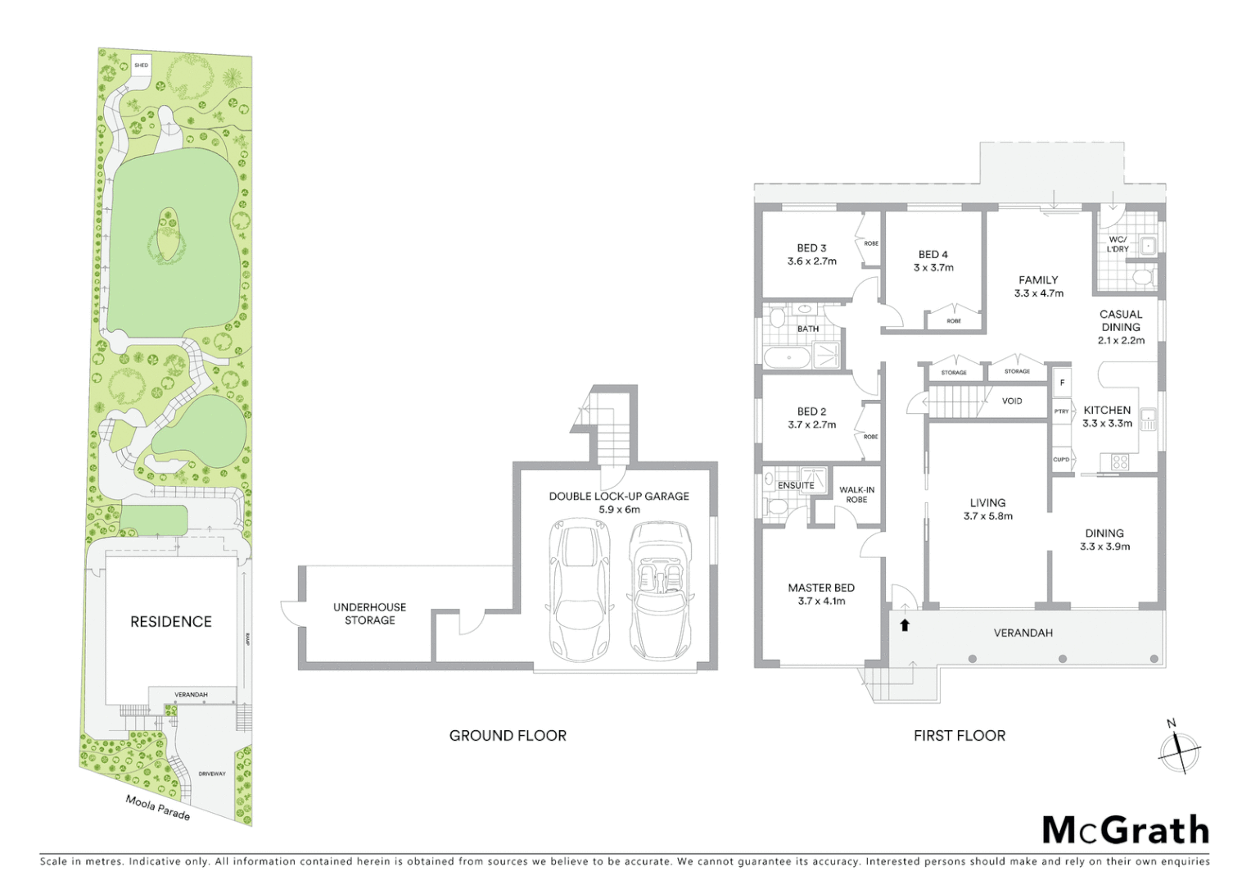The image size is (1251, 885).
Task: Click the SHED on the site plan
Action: point(142,65)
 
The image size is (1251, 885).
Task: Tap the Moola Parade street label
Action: point(158,807)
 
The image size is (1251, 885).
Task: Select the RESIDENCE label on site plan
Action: point(171,622)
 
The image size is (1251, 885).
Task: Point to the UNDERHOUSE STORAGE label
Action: point(369,614)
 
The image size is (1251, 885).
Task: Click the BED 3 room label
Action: point(811,248)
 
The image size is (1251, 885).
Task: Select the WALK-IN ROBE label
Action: point(856,495)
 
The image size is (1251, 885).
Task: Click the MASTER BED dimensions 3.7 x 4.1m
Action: point(821,601)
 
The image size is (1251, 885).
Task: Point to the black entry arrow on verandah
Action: point(905,626)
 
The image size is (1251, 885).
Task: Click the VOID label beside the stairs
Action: point(1012,402)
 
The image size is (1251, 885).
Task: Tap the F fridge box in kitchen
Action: point(1062,383)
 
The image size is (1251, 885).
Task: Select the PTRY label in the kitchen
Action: point(1061,411)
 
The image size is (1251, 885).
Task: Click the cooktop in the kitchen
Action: point(1119,462)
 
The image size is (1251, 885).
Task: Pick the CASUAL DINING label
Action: point(1121,320)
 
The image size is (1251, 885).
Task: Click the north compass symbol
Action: point(1179,748)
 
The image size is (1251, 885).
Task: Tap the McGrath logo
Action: point(1126,830)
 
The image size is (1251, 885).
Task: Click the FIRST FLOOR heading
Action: point(960,736)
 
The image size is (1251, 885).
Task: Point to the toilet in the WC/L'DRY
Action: point(1143,277)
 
